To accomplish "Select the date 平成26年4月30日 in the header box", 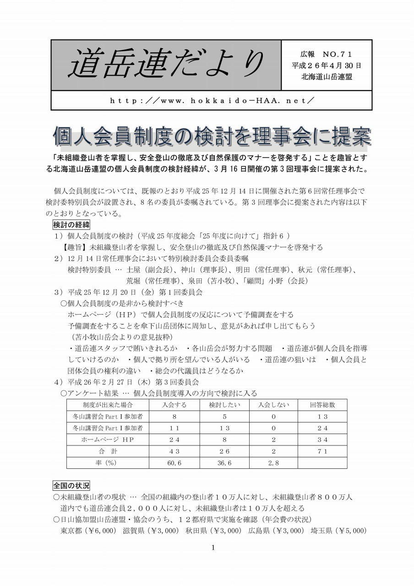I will click(326, 65).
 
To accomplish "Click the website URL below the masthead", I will click(212, 100).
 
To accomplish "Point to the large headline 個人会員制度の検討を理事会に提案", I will click(212, 136).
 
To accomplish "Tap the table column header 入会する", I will click(174, 405).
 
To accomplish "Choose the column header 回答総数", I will click(322, 405).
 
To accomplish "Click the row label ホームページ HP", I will click(108, 439).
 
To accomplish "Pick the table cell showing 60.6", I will click(174, 463).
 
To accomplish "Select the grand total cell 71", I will click(322, 451).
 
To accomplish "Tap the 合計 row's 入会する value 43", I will click(174, 451).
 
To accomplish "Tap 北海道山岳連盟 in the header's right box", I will click(326, 76).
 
